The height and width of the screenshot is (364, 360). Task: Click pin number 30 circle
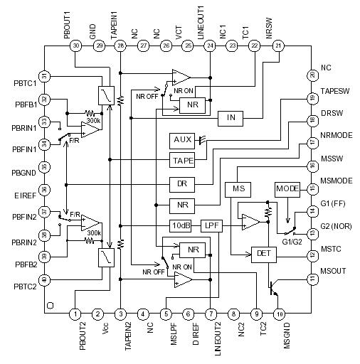click(76, 45)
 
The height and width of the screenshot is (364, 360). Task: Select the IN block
click(230, 117)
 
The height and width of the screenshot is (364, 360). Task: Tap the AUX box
click(181, 139)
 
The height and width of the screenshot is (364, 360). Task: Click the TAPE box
click(181, 161)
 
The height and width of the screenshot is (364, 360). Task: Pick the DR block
click(181, 183)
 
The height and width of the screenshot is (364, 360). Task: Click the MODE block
click(287, 190)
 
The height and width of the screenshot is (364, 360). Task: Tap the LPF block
click(212, 226)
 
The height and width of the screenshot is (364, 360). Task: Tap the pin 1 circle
click(76, 313)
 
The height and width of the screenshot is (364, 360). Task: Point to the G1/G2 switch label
click(292, 242)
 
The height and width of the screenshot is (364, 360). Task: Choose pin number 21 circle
click(277, 45)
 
